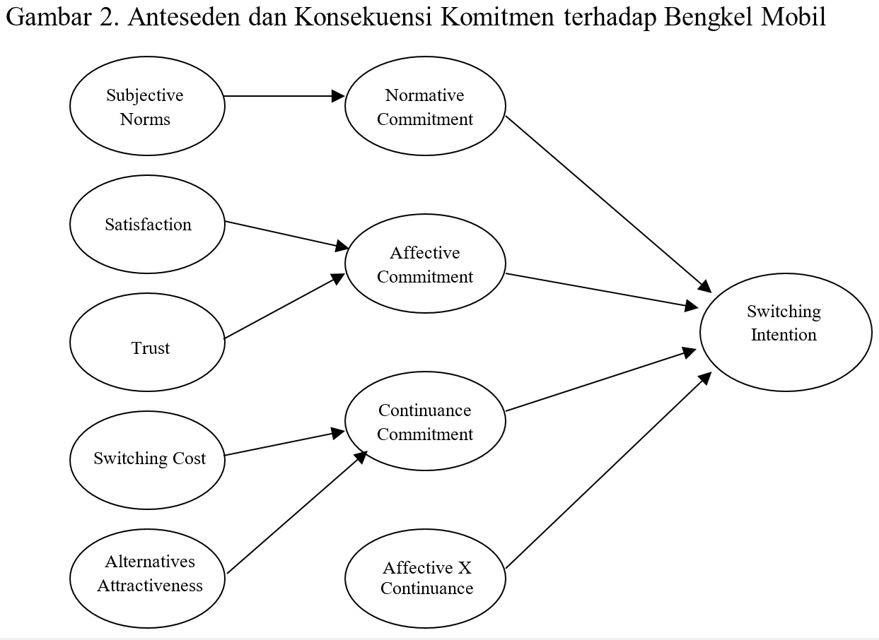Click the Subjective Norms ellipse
[147, 107]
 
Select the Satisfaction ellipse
[147, 225]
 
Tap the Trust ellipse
[147, 342]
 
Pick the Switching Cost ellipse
[147, 459]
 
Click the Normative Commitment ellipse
[425, 107]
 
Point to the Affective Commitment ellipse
[425, 264]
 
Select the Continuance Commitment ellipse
[425, 422]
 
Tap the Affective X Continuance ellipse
[425, 579]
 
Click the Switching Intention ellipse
[785, 332]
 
